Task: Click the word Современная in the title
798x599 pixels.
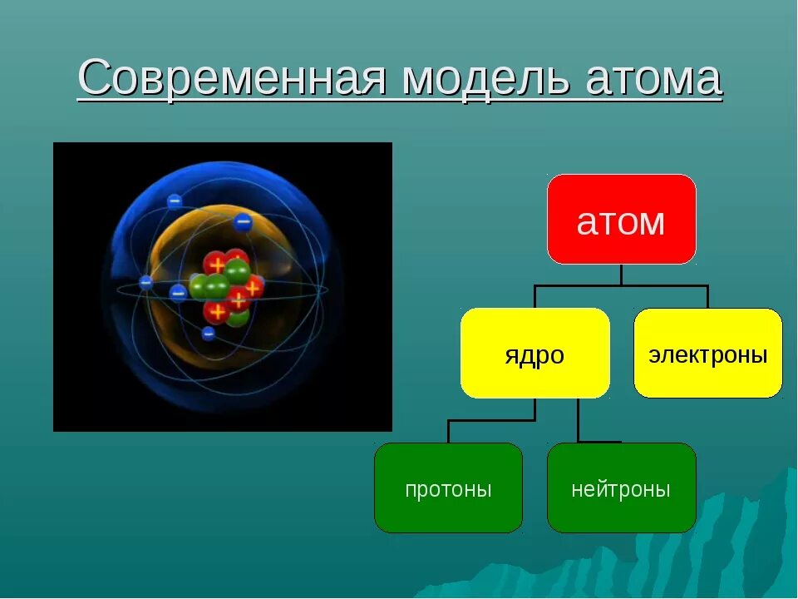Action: tap(232, 77)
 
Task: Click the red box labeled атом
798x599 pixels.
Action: tap(622, 219)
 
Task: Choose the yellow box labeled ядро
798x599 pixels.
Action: tap(534, 353)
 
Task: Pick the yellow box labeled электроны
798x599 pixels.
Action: tap(708, 353)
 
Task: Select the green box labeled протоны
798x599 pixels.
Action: tap(448, 488)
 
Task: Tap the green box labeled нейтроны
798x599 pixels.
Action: tap(622, 488)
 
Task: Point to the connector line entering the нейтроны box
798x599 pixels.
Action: tap(579, 421)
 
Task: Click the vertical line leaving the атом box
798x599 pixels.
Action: tap(622, 275)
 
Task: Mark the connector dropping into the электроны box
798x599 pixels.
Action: tap(708, 297)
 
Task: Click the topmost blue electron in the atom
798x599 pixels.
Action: tap(175, 201)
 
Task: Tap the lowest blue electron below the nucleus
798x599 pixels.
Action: tap(208, 334)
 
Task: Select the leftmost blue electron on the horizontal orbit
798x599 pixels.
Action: tap(146, 282)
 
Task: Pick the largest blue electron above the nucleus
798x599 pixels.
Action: tap(244, 222)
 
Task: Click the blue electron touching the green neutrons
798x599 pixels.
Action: tap(178, 294)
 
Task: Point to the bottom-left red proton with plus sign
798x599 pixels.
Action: tap(217, 311)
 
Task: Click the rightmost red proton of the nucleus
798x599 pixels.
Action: tap(253, 288)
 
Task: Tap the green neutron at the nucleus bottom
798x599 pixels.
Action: tap(239, 318)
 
